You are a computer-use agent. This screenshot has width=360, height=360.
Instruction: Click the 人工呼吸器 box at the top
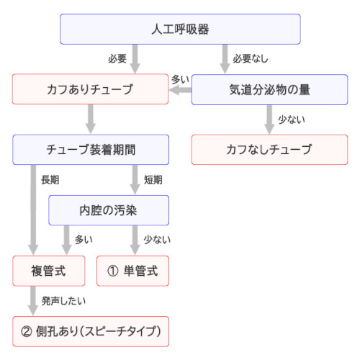point(179,30)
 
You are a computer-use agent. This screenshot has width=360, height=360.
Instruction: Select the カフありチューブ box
point(90,90)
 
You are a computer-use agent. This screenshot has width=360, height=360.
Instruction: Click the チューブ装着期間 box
point(90,150)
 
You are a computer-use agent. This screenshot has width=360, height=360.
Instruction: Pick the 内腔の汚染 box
point(108,210)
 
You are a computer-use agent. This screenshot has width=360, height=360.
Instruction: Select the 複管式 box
point(48,271)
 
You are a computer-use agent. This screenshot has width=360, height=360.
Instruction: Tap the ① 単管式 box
point(132,271)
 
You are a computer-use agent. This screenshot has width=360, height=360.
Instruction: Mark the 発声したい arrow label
point(58,301)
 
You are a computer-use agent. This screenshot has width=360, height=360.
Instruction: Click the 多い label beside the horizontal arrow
point(180,78)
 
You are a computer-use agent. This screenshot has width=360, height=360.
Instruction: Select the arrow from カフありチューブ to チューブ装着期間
point(91,120)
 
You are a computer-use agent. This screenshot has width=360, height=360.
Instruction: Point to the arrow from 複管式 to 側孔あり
point(33,301)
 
